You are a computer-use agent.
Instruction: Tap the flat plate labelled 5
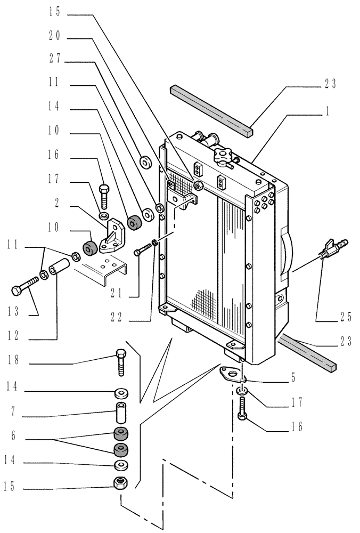(228, 374)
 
